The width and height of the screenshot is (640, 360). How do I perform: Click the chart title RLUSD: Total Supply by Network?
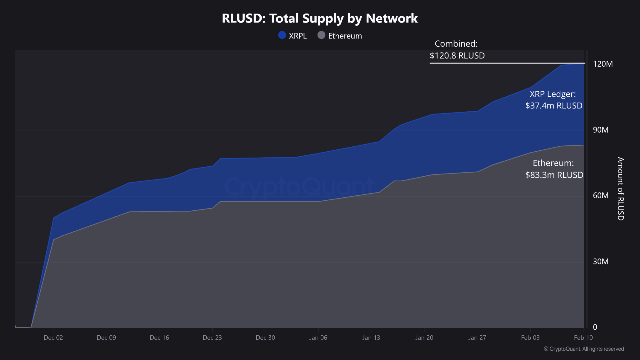(320, 19)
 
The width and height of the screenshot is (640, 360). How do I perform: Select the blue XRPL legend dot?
(282, 35)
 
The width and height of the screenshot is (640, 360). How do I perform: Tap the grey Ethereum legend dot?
(321, 35)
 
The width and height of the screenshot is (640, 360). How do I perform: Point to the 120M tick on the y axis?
(602, 64)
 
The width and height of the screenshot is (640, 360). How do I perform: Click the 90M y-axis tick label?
(600, 130)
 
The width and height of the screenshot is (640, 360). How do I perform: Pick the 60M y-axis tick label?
(600, 196)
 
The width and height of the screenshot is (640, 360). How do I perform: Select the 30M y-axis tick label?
(600, 262)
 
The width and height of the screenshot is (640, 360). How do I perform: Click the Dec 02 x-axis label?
(53, 338)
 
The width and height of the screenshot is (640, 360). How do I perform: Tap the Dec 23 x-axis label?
(212, 338)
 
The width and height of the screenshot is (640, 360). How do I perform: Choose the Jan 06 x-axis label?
(318, 338)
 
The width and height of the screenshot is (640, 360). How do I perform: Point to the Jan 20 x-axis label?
(424, 338)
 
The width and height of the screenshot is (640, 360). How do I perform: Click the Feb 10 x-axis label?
(583, 338)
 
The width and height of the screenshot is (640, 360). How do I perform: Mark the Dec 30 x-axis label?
(265, 338)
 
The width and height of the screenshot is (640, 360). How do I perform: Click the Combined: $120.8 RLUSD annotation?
(457, 50)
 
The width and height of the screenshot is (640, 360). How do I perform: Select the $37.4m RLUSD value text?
(554, 106)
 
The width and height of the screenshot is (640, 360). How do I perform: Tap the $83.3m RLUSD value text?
(554, 175)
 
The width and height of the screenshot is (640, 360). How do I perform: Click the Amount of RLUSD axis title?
(620, 188)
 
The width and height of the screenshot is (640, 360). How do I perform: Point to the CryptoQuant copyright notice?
(583, 349)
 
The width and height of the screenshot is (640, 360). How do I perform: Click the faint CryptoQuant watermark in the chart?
(298, 186)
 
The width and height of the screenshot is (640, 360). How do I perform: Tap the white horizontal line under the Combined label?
(507, 63)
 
